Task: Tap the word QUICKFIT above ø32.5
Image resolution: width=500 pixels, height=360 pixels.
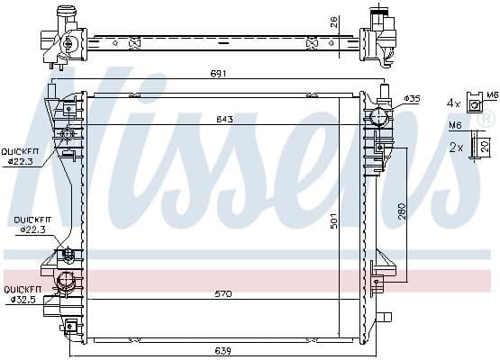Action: [21, 290]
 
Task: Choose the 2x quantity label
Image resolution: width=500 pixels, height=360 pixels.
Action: [455, 146]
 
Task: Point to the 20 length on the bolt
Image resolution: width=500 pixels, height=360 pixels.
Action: [486, 146]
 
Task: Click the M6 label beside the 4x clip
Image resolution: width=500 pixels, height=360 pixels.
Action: [492, 94]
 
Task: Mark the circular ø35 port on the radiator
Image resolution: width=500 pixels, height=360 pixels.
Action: [379, 115]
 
